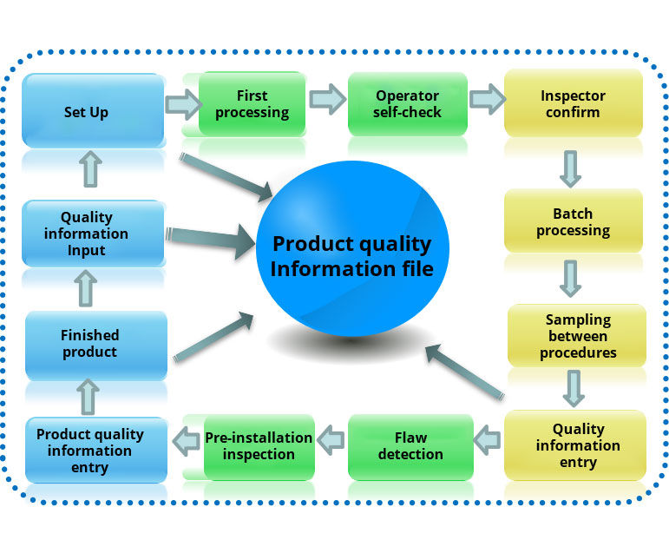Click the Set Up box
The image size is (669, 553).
click(x=93, y=110)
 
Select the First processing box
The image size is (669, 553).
click(x=252, y=103)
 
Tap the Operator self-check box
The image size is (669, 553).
click(x=408, y=103)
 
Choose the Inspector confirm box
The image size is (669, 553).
click(x=573, y=103)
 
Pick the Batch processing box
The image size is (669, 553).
click(x=573, y=221)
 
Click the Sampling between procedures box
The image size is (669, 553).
click(x=577, y=336)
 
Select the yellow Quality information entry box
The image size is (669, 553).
click(x=577, y=445)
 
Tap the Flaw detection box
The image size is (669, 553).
click(x=410, y=446)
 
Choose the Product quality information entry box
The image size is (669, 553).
click(x=95, y=451)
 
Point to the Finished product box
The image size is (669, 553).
click(x=95, y=345)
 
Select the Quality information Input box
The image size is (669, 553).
click(x=93, y=234)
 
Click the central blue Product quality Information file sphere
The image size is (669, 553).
click(x=351, y=256)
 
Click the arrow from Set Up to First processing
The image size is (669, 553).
click(x=181, y=104)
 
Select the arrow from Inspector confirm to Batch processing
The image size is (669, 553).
click(x=570, y=168)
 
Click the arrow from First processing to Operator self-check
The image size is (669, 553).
click(x=325, y=98)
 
